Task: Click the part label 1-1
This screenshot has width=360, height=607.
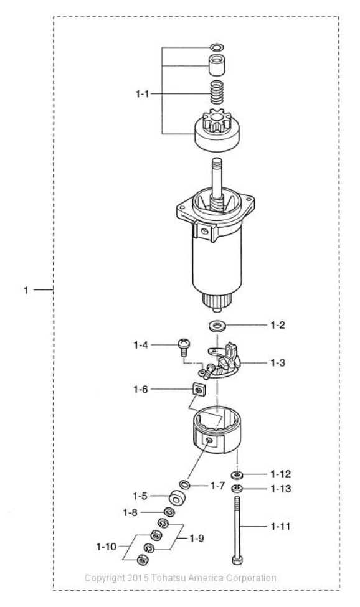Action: (142, 93)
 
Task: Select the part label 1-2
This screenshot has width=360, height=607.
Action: (278, 325)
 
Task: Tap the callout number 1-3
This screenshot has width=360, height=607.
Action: (278, 363)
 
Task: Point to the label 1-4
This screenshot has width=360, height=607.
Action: (141, 344)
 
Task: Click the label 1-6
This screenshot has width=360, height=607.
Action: (141, 389)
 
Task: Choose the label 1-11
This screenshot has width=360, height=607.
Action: (280, 526)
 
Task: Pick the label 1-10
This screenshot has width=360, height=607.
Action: (107, 547)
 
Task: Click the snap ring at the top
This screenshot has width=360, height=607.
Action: (217, 47)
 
